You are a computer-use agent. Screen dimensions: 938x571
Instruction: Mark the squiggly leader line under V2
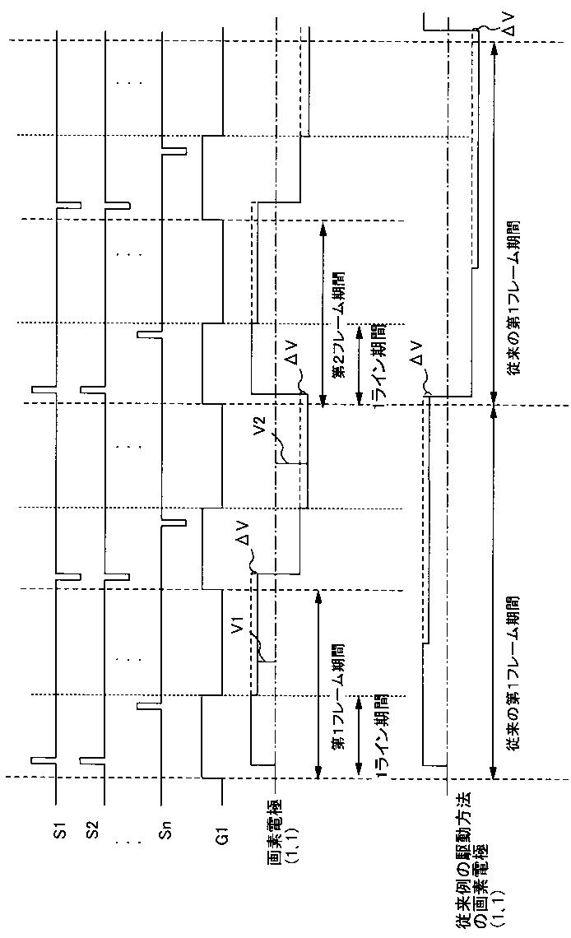pyautogui.click(x=281, y=449)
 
